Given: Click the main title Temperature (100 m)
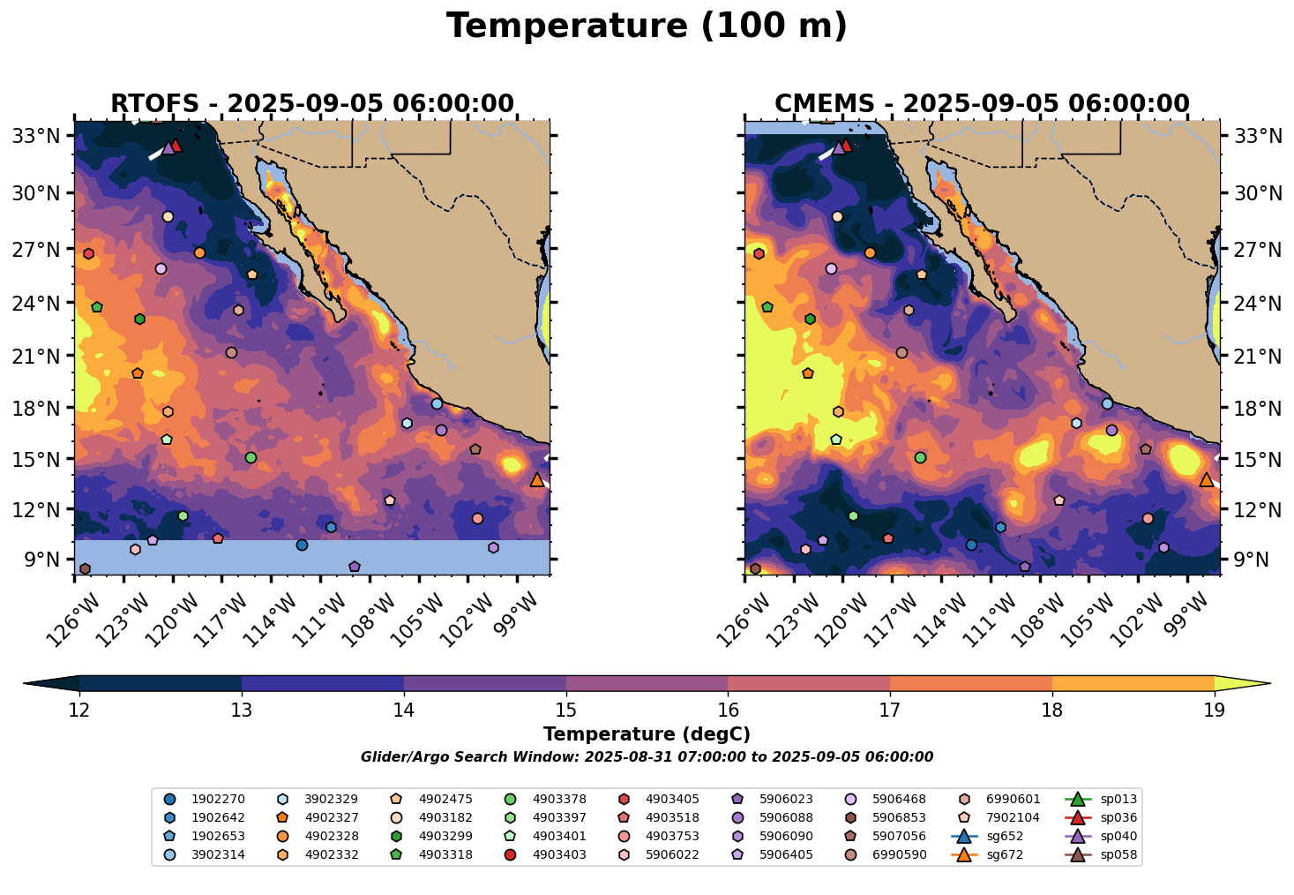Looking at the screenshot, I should point(647,26).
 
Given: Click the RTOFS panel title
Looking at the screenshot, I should point(311,104).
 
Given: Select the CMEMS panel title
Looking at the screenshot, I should point(982,104).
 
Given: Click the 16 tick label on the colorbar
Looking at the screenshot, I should point(728,711).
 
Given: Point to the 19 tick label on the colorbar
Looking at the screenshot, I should point(1215,711).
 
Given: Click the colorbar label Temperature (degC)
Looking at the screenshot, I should point(647,734).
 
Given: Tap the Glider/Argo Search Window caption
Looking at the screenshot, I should point(647,757).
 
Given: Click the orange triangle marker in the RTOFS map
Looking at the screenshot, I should point(537,479).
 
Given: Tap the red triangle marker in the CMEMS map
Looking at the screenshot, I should point(846,146).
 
